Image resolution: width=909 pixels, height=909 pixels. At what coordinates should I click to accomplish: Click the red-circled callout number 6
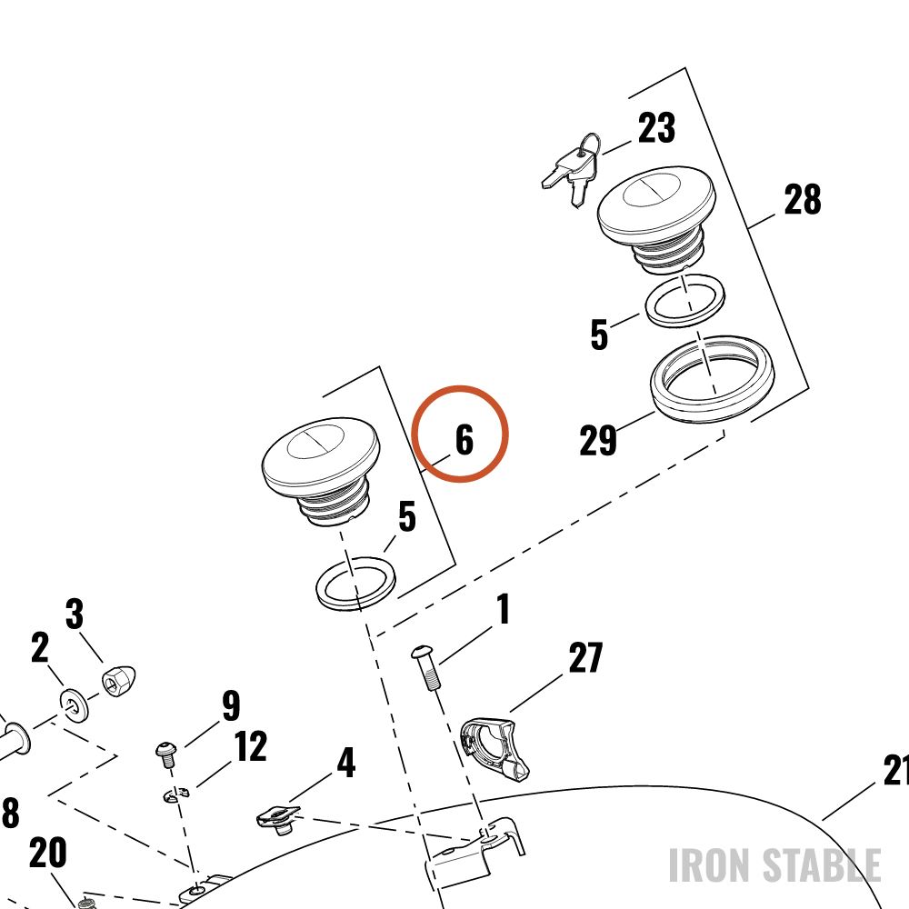(464, 439)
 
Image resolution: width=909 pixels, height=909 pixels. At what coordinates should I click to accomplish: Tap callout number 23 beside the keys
(657, 127)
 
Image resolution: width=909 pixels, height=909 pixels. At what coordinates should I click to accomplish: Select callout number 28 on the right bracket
(803, 199)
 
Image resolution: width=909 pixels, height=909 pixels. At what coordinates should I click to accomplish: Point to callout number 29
(598, 441)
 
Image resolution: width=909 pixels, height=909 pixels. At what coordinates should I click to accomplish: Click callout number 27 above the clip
(585, 657)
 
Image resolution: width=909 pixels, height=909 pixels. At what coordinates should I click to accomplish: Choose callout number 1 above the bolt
(504, 609)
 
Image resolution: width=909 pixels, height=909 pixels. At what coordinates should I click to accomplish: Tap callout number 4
(346, 763)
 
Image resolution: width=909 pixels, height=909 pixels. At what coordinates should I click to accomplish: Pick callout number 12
(251, 746)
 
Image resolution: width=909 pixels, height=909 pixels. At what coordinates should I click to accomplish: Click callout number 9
(231, 705)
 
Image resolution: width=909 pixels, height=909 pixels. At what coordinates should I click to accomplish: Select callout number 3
(75, 614)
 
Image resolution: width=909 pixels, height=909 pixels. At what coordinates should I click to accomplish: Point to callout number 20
(47, 853)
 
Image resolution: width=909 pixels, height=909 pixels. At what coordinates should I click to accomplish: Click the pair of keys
(572, 170)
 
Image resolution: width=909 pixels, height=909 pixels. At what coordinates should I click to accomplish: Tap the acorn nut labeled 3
(118, 681)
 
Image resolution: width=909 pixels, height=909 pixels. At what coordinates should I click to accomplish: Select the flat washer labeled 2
(75, 705)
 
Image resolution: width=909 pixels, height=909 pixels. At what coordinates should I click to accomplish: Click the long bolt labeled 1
(427, 666)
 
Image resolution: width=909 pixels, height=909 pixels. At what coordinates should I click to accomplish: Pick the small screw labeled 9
(166, 754)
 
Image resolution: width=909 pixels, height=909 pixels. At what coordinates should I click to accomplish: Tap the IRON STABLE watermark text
(774, 865)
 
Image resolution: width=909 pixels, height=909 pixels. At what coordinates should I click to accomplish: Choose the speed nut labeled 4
(279, 820)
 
